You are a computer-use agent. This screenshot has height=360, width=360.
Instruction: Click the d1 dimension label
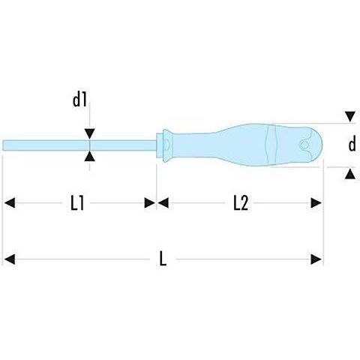pos(79,100)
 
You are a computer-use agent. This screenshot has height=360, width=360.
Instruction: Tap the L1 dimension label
pos(77,202)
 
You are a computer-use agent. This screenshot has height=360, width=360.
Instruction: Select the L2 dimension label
pos(241,202)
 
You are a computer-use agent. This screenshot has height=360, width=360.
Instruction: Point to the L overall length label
pos(163,259)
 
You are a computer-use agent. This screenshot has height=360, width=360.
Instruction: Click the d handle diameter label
pos(352,145)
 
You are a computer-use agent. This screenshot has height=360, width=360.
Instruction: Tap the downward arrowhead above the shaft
pos(89,133)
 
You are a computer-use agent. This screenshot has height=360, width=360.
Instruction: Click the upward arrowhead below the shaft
pos(89,157)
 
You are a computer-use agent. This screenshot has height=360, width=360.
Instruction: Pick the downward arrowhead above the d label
pos(350,117)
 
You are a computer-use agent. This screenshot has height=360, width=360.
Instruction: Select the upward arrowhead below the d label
pos(350,174)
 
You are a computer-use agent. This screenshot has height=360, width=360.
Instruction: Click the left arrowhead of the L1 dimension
pos(10,202)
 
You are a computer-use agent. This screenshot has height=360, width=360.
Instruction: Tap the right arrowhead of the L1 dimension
pos(150,202)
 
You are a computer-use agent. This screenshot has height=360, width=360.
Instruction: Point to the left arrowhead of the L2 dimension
pos(163,202)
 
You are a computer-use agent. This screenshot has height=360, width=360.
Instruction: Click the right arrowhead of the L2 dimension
pos(316,202)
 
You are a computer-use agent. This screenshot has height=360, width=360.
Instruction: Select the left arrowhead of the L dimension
pos(10,259)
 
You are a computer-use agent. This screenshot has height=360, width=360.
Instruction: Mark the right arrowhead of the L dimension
pos(316,259)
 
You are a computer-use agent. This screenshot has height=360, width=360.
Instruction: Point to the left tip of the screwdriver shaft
pos(3,145)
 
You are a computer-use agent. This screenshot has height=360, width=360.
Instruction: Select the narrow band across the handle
pos(271,145)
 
